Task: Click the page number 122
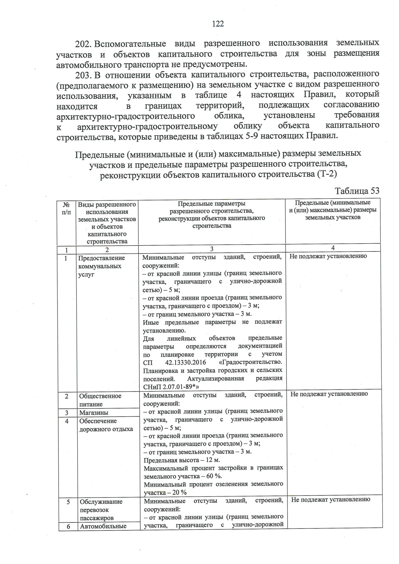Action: pyautogui.click(x=218, y=24)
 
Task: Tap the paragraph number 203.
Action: pyautogui.click(x=83, y=74)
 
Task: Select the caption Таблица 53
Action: pyautogui.click(x=357, y=191)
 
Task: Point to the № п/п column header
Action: pyautogui.click(x=66, y=208)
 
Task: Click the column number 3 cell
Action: pyautogui.click(x=212, y=249)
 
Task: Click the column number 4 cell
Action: pyautogui.click(x=333, y=248)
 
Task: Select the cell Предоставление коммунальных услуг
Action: pyautogui.click(x=101, y=266)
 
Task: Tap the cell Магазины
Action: pyautogui.click(x=94, y=413)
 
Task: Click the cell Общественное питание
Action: pyautogui.click(x=100, y=400)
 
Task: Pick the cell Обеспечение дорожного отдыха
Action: pyautogui.click(x=106, y=425)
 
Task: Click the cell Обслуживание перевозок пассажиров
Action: pyautogui.click(x=101, y=510)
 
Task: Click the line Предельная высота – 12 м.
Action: pyautogui.click(x=182, y=460)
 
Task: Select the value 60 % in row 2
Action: pyautogui.click(x=211, y=476)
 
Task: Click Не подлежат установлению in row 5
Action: pyautogui.click(x=331, y=500)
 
